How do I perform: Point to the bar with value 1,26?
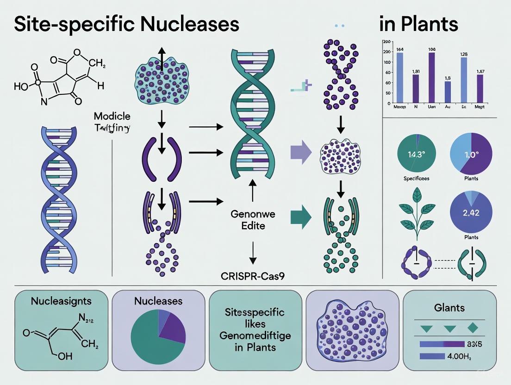point(464,80)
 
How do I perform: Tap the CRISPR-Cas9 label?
point(253,277)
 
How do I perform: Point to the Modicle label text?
point(112,116)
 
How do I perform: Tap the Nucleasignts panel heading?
point(61,301)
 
